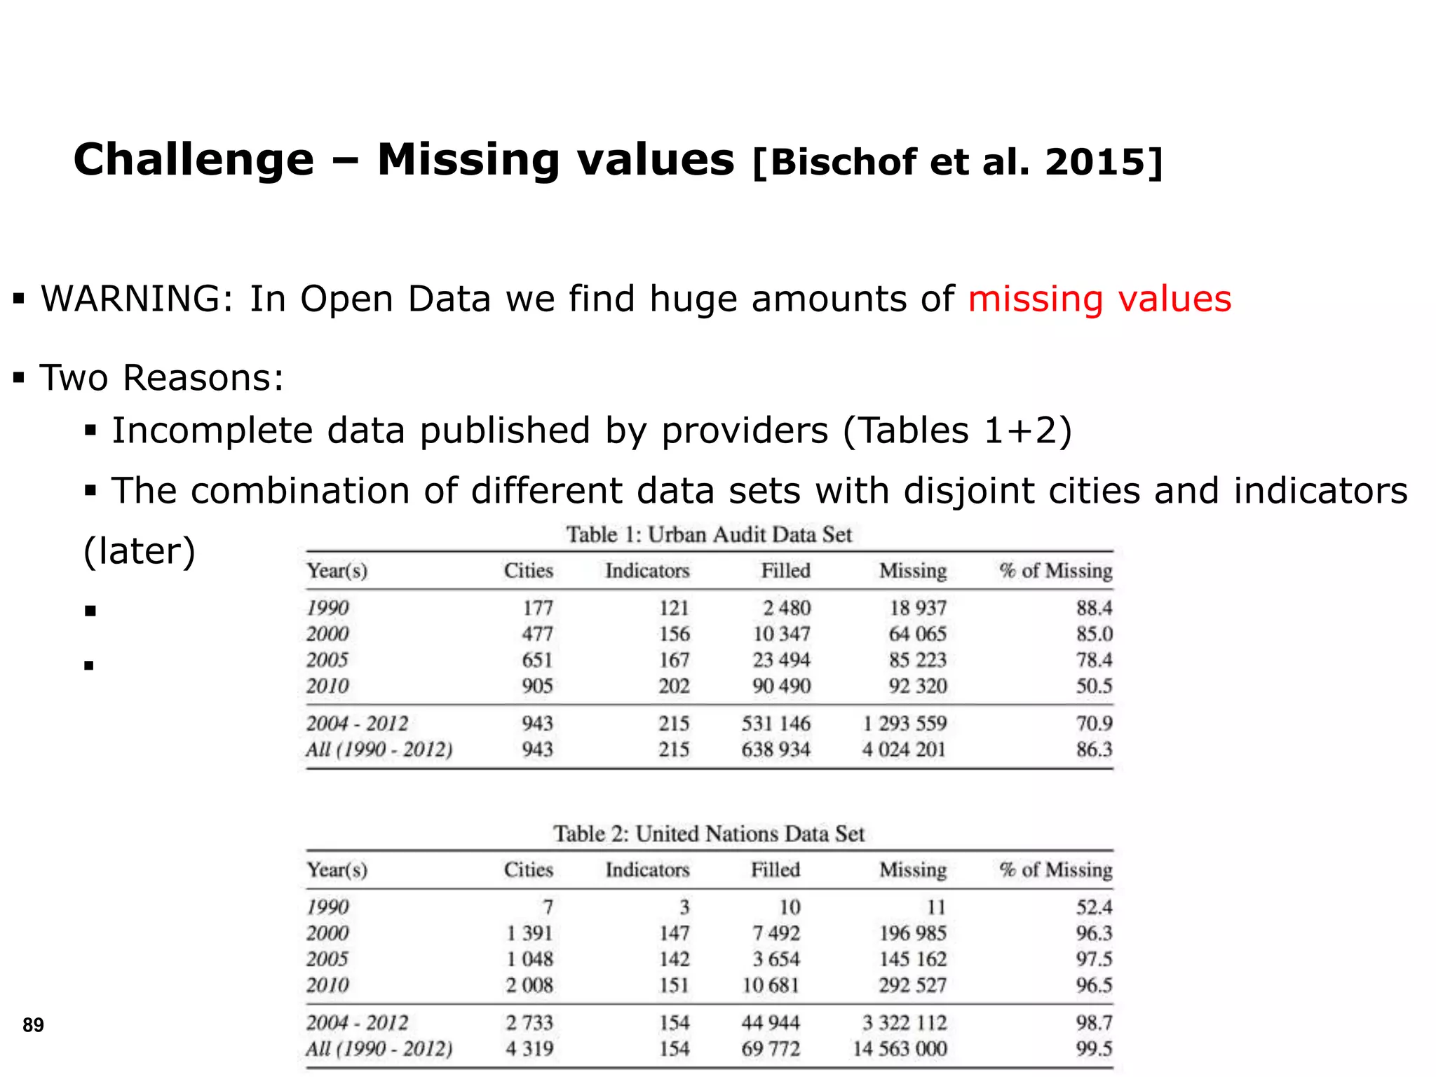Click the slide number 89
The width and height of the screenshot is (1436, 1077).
pos(33,1025)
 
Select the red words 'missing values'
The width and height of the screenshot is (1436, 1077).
pos(1099,299)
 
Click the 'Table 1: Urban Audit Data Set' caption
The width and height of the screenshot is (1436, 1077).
pos(709,535)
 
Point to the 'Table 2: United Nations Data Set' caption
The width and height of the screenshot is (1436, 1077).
pos(709,834)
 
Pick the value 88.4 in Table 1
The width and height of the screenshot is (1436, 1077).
pos(1094,608)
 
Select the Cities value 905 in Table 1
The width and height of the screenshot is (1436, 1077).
pos(537,686)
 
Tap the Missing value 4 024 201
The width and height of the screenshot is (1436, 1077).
pos(904,750)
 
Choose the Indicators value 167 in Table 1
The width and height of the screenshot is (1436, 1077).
pos(674,660)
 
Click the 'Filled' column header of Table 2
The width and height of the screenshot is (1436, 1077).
pos(775,870)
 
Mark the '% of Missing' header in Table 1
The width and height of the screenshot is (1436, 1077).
pos(1056,571)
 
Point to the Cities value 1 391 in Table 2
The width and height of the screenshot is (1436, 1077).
pos(530,933)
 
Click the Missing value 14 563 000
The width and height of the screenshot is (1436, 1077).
pos(900,1049)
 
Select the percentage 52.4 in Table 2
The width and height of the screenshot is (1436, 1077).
pos(1094,907)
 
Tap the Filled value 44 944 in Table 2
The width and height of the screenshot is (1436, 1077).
pos(771,1023)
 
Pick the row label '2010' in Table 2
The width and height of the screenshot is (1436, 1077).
pos(327,985)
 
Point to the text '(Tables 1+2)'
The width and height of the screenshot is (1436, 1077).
pos(957,431)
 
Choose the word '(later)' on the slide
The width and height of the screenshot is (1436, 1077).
pos(140,552)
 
